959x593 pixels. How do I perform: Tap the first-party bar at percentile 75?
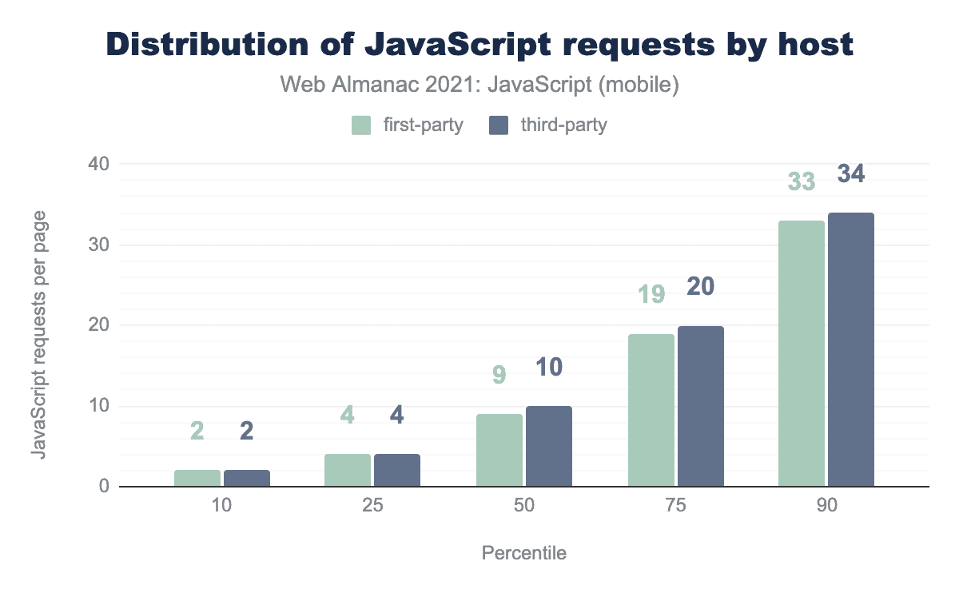[x=651, y=410]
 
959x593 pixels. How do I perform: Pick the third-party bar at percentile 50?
[x=549, y=446]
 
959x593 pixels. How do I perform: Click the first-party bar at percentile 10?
[x=197, y=478]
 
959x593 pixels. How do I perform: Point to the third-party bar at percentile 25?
[x=397, y=470]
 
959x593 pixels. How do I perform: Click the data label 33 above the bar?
[x=802, y=182]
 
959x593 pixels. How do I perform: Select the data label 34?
[x=851, y=173]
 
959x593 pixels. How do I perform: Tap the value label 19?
[x=651, y=295]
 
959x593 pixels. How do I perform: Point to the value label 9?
[x=499, y=375]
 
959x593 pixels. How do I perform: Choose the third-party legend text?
[x=563, y=125]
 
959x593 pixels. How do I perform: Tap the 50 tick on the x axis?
[x=524, y=508]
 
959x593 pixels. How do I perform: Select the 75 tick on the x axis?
[x=675, y=508]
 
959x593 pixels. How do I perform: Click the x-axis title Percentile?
[x=524, y=553]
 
